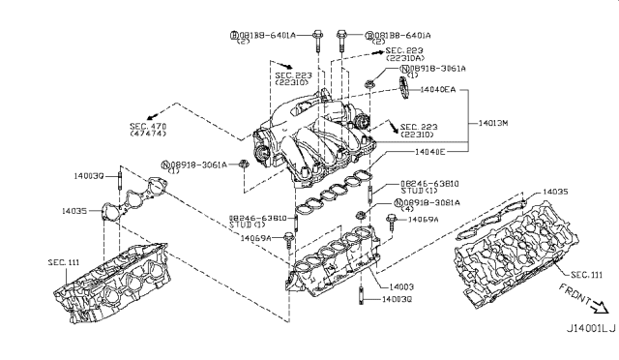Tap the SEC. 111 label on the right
[x=586, y=274]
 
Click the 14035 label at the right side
[x=555, y=193]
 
